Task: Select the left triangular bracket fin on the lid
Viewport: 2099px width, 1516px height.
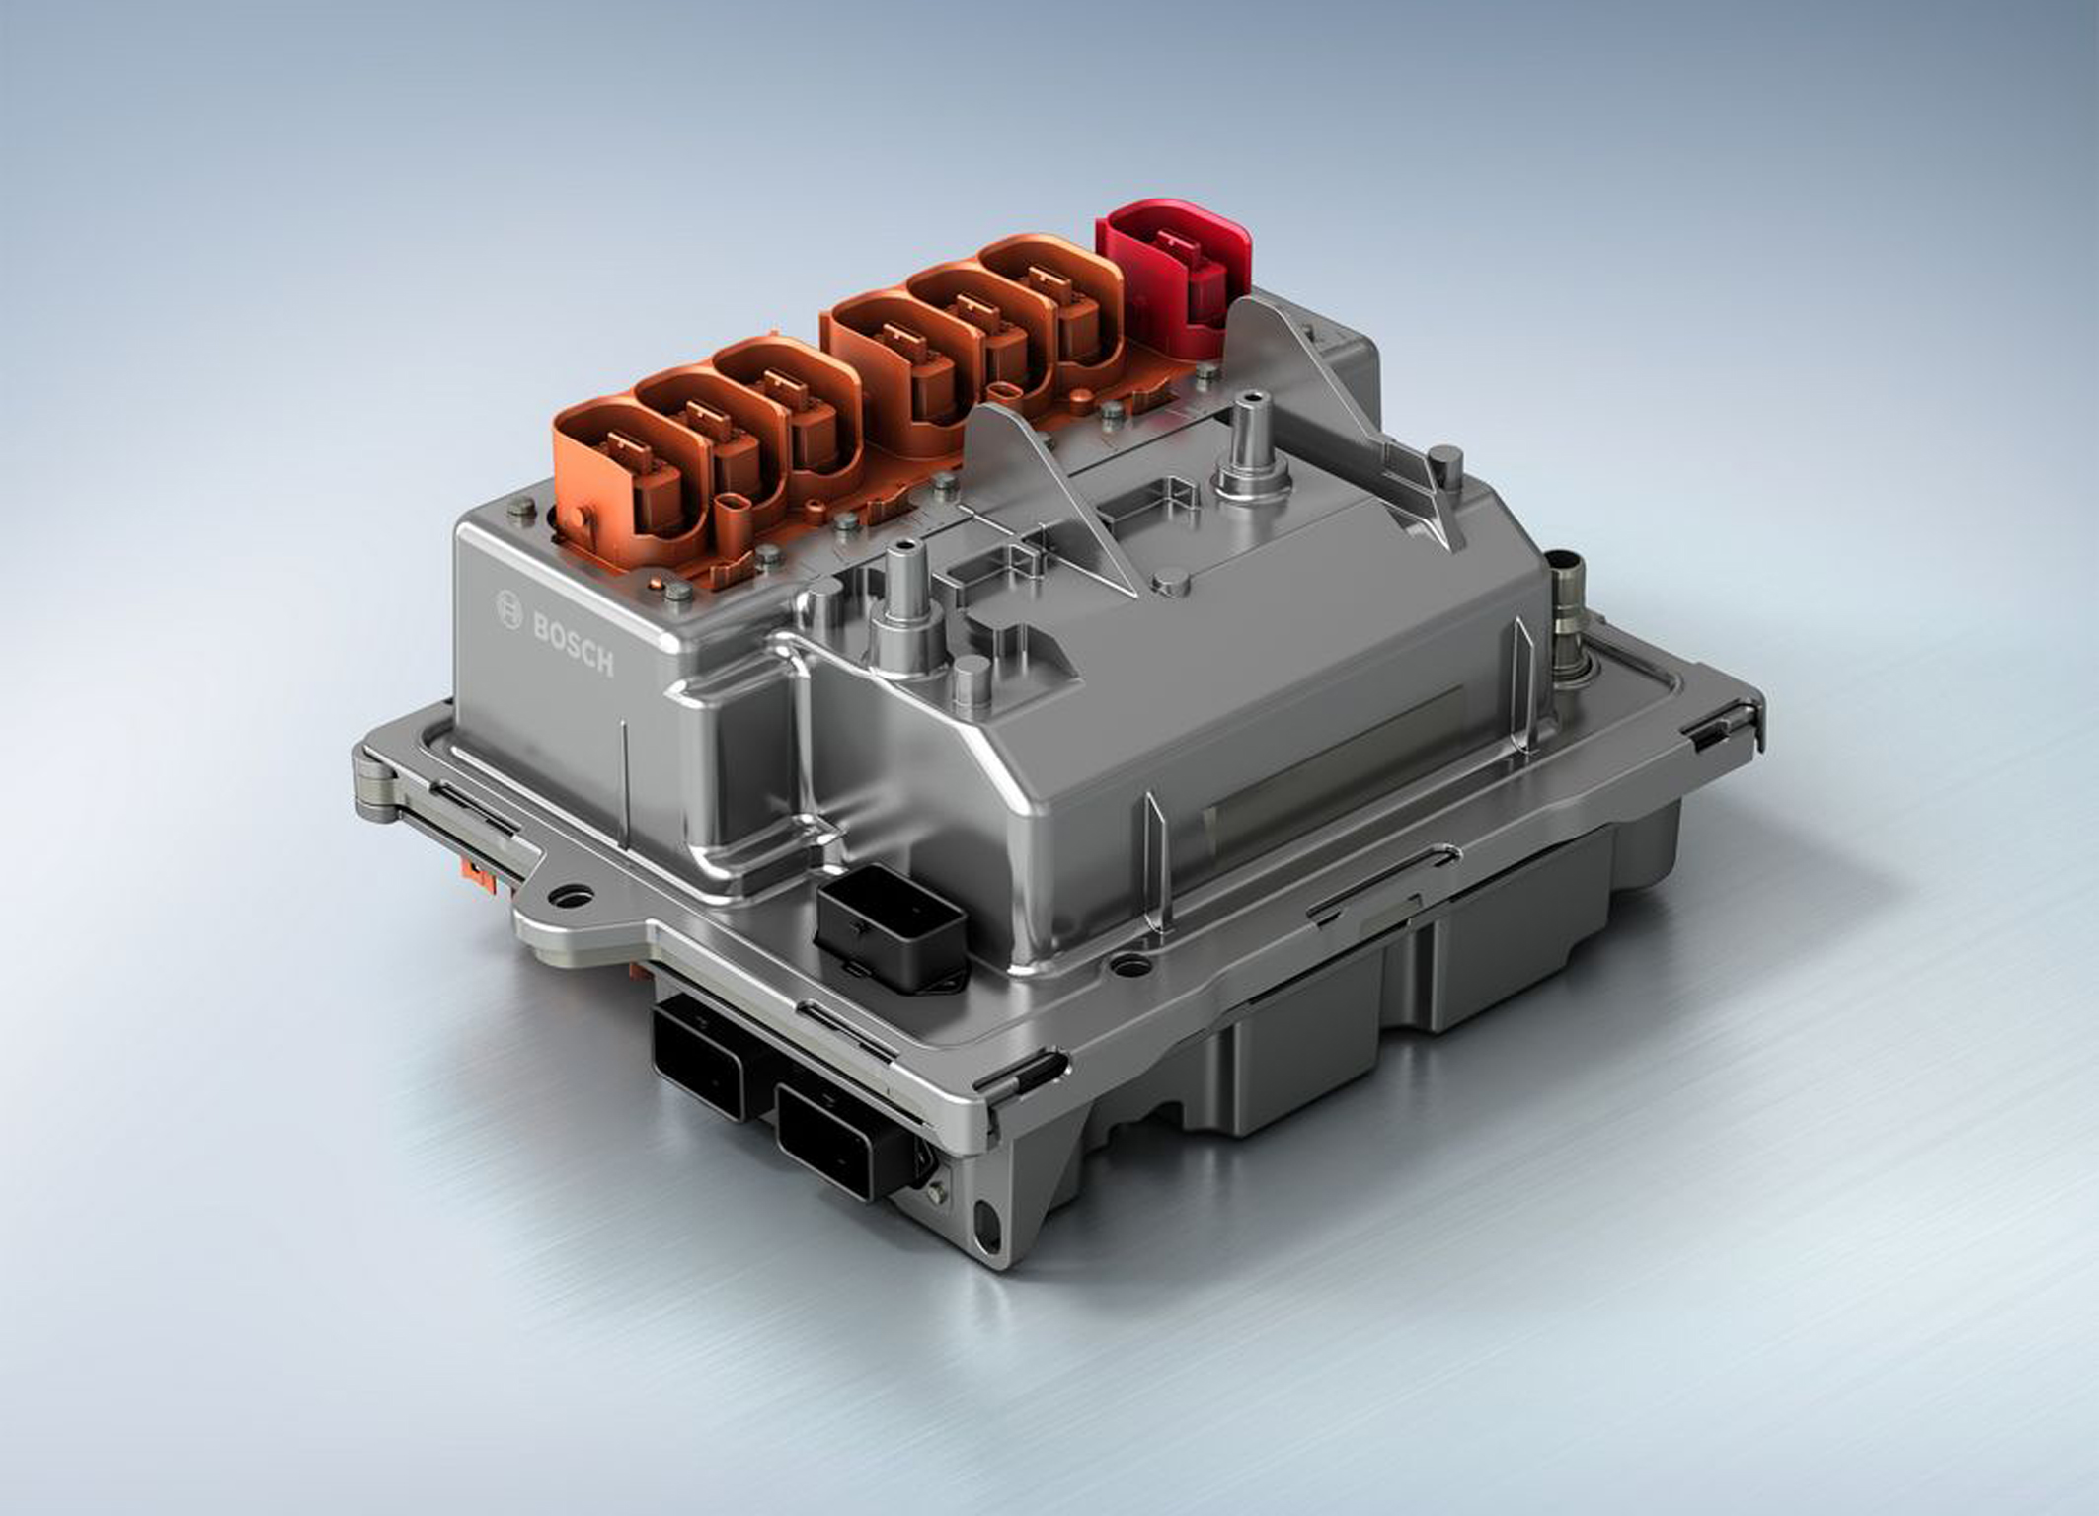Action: coord(1047,484)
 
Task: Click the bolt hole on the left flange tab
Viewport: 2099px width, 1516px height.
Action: coord(572,897)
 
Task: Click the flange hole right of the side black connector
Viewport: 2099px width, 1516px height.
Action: coord(1130,962)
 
